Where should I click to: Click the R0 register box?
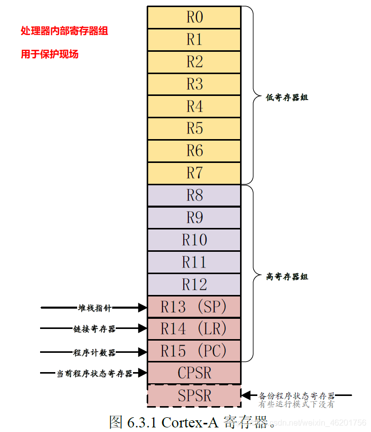[x=194, y=17]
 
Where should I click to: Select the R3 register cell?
[x=194, y=84]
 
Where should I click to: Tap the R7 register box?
[x=194, y=173]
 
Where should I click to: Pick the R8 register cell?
[x=194, y=195]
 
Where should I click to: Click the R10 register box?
[x=194, y=240]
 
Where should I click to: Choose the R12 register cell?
[x=194, y=284]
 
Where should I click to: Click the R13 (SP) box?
[x=194, y=307]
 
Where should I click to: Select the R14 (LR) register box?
[x=194, y=329]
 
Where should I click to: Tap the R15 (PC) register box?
[x=194, y=351]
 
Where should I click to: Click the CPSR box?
[x=194, y=373]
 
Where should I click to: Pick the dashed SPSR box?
[x=194, y=395]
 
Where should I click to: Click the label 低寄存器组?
[x=287, y=97]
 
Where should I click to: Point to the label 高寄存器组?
[x=287, y=277]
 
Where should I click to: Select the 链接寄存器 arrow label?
[x=94, y=329]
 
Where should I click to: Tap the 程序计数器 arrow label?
[x=94, y=352]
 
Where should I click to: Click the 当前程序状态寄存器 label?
[x=94, y=374]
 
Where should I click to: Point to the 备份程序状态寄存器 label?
[x=297, y=395]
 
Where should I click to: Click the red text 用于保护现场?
[x=50, y=54]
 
